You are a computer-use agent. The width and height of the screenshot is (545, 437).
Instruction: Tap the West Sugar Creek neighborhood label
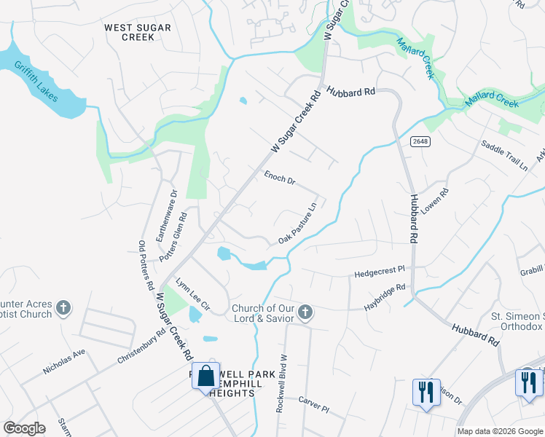click(x=138, y=32)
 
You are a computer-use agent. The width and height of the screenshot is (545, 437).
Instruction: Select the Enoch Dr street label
click(x=279, y=178)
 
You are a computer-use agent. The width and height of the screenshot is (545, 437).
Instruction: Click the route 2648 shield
click(x=420, y=141)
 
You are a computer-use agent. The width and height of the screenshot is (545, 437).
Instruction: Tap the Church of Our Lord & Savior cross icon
click(x=305, y=313)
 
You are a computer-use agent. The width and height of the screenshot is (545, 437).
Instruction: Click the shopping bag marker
click(x=206, y=377)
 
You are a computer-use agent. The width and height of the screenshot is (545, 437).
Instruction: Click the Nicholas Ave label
click(x=64, y=361)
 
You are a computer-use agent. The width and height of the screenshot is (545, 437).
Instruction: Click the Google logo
click(x=24, y=428)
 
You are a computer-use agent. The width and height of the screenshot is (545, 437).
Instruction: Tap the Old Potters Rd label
click(x=146, y=261)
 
